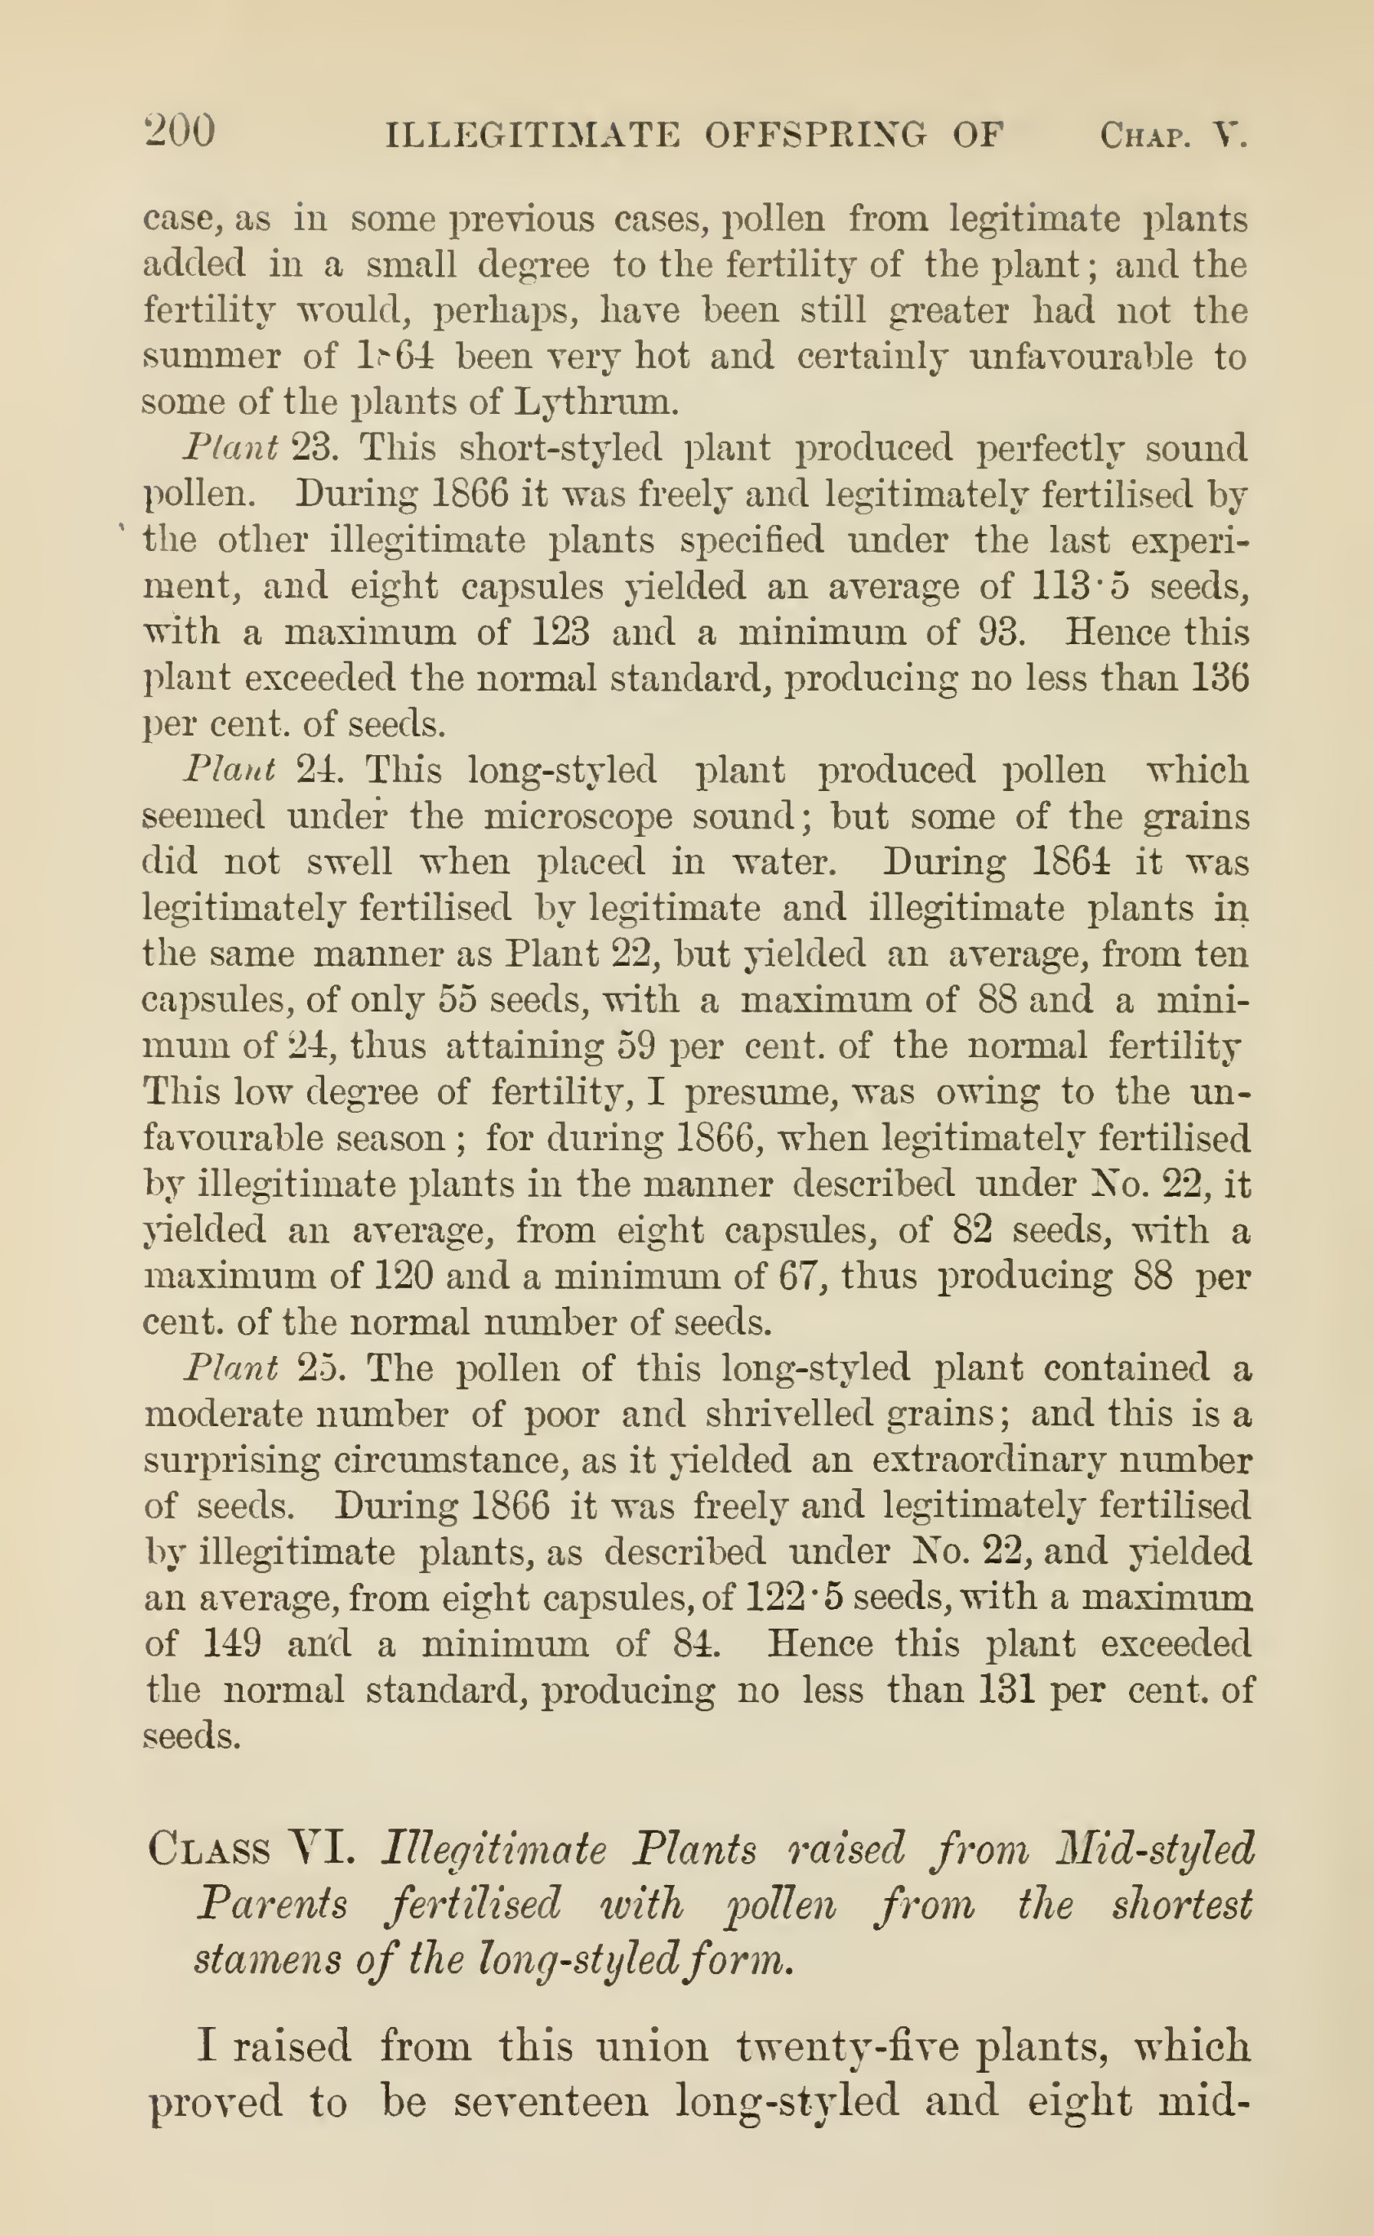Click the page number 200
[180, 131]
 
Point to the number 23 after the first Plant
[314, 447]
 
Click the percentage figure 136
[1220, 678]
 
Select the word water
[782, 861]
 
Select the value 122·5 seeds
[791, 1598]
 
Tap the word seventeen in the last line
[551, 2100]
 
